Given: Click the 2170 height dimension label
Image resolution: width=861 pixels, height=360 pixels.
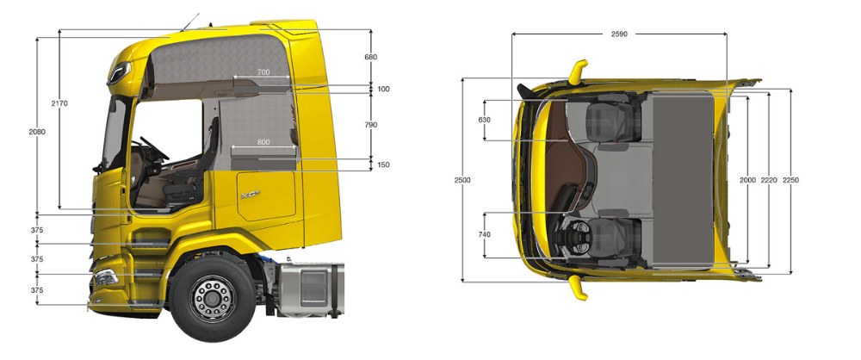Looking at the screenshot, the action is [59, 103].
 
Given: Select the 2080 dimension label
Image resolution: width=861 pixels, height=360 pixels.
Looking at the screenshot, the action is [37, 132].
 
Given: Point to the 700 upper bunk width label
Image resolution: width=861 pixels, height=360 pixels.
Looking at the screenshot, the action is [263, 72].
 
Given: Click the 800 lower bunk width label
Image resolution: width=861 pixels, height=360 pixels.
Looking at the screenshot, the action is [263, 142].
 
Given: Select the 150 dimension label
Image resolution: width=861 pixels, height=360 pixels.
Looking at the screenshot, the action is [384, 164].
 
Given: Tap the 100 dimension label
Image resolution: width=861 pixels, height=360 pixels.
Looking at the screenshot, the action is [384, 89].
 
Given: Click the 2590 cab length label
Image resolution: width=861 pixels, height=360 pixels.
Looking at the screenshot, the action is [619, 34].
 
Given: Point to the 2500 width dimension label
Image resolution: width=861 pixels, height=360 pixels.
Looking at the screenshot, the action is [463, 180].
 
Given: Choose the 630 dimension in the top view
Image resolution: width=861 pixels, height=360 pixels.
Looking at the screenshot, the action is [484, 120].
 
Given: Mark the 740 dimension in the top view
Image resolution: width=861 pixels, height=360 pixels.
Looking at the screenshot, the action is [484, 234].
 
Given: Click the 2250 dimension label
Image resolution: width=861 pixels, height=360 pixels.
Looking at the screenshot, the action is [790, 180].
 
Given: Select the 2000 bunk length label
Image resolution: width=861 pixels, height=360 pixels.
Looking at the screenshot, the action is [748, 180].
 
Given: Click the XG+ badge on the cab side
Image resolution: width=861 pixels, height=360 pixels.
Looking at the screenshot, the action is [251, 195].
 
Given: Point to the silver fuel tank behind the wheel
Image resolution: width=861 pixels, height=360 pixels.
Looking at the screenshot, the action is [311, 288].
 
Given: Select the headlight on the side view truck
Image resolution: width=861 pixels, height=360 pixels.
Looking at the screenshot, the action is [106, 277].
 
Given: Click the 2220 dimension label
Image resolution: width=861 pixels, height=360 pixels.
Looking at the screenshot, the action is [769, 180].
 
